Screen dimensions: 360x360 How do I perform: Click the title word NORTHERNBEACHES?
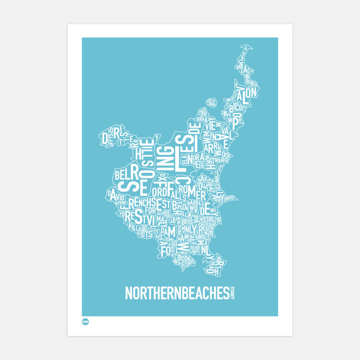point(176,293)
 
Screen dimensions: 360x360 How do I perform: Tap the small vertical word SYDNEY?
point(232,293)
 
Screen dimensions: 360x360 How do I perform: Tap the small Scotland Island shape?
point(211,103)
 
